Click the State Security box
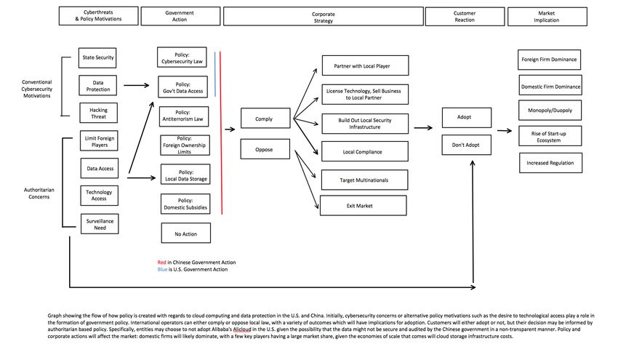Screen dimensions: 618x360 coord(97,57)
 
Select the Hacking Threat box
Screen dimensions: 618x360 coord(98,113)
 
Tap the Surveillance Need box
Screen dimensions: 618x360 coord(100,224)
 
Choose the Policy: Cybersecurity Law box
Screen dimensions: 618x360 coord(182,57)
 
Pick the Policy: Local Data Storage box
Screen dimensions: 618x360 coord(185,175)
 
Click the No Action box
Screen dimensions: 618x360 coord(185,233)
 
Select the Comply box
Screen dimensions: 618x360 coord(265,119)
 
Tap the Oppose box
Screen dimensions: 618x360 coord(265,149)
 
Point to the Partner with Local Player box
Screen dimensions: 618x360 coord(365,65)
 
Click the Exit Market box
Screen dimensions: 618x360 coord(363,205)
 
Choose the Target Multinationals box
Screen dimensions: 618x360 coord(364,180)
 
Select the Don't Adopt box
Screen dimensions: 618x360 coord(466,145)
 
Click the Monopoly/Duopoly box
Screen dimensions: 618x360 coord(550,111)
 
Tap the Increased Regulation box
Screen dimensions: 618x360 coord(550,163)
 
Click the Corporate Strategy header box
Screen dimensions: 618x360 coord(324,17)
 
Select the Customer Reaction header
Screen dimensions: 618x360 coord(465,17)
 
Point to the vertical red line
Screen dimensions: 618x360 coord(221,133)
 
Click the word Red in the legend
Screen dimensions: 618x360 coord(161,263)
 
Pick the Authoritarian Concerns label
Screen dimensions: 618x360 coord(39,193)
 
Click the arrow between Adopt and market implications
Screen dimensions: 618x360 coord(505,130)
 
